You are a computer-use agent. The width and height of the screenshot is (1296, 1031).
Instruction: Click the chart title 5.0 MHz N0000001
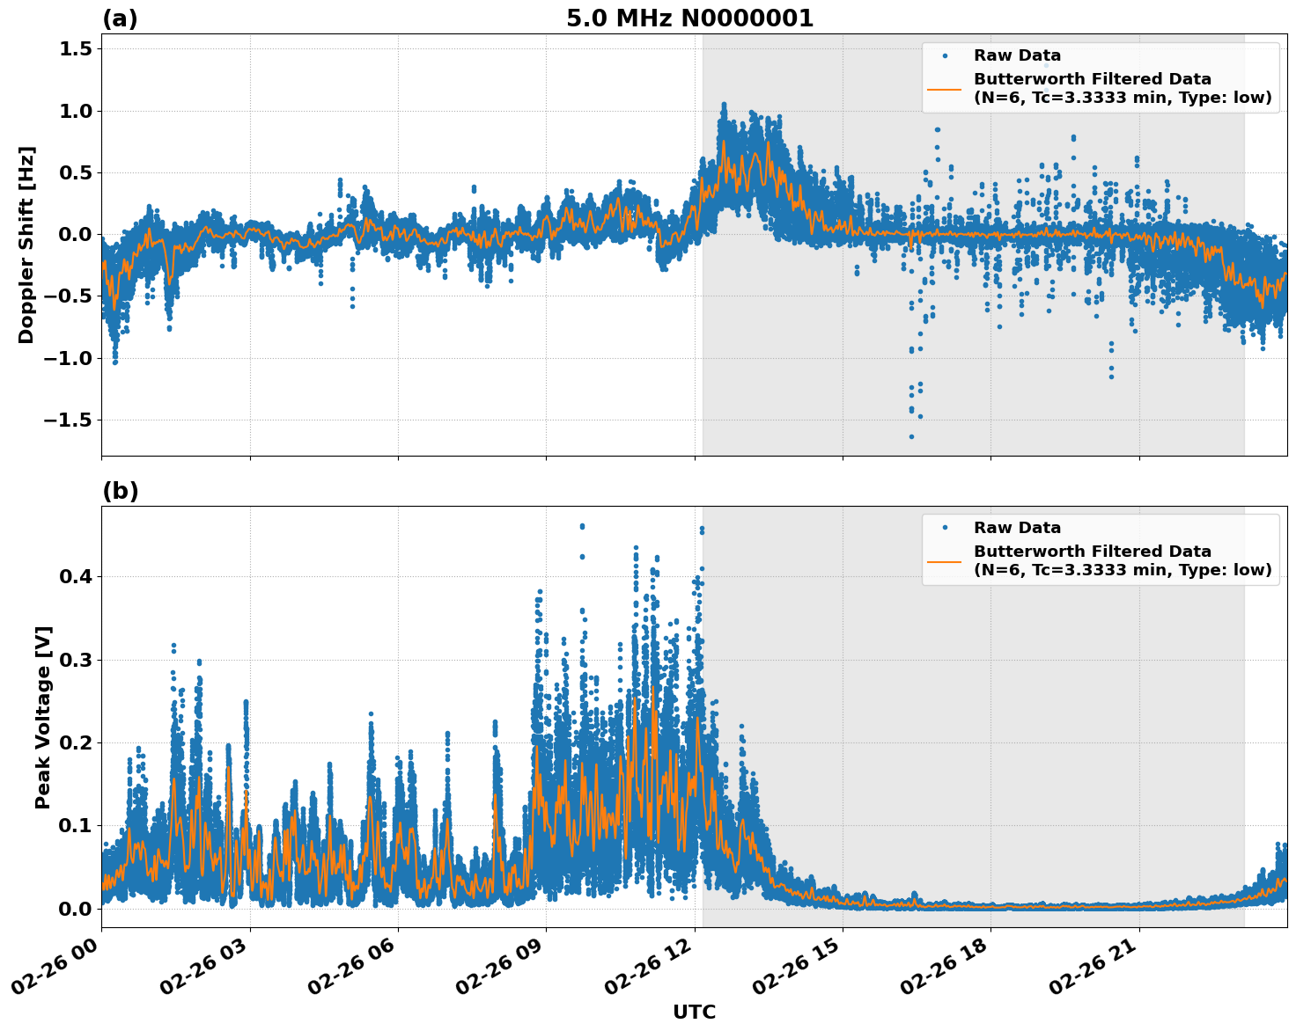pos(689,18)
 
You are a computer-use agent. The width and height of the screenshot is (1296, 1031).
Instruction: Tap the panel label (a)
pos(120,18)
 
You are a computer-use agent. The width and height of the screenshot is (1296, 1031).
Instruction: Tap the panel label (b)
pos(120,491)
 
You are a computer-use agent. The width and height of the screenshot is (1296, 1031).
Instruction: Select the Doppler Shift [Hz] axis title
pos(26,245)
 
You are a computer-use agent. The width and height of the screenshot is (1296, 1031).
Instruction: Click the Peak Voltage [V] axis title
pos(43,717)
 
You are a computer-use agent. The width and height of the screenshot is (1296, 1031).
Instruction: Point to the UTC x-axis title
pos(694,1012)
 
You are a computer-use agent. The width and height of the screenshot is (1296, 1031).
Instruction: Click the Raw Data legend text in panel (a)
pos(1017,56)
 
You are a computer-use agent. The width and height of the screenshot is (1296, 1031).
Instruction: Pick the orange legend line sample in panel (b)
pos(944,561)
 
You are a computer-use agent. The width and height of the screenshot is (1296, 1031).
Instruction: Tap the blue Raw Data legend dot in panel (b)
pos(944,528)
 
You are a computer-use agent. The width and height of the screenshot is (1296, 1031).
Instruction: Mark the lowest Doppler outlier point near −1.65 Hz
pos(911,436)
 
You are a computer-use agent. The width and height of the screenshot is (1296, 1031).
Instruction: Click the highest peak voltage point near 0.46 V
pos(582,526)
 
